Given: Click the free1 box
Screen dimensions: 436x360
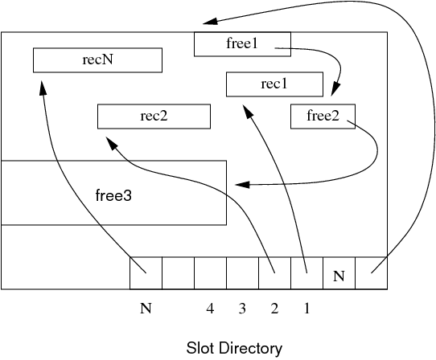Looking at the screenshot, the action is coord(242,44).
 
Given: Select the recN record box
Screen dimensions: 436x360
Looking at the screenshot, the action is coord(97,60).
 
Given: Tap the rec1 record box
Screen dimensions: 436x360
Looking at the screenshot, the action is coord(275,84).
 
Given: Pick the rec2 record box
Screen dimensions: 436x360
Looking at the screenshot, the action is coord(154,117).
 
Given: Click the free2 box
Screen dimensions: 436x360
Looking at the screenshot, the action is coord(323,117).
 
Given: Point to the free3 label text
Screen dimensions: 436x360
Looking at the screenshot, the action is coord(113,195).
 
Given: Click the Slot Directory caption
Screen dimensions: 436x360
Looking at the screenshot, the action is coord(234,348).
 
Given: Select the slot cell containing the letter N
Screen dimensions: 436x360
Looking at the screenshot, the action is coord(339,273).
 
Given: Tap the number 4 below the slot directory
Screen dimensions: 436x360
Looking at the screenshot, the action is coord(210,309).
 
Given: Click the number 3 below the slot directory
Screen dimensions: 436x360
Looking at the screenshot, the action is coord(242,309).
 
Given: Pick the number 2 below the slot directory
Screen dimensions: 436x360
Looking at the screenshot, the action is coord(274,309).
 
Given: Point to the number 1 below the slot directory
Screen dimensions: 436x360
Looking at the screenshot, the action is coord(306,309).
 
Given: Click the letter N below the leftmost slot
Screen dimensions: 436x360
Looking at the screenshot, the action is coord(146,309).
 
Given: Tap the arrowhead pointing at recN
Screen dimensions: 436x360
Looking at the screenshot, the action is coord(43,88).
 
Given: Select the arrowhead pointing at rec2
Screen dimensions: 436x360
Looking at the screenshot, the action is coord(112,143).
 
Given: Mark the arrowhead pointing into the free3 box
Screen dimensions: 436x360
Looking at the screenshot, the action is coord(242,185).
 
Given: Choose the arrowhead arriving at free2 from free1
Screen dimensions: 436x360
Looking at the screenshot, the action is coord(335,89).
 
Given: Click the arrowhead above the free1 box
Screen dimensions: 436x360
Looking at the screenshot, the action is coord(210,21).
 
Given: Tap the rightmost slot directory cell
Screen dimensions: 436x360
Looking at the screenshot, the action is coord(371,273).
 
